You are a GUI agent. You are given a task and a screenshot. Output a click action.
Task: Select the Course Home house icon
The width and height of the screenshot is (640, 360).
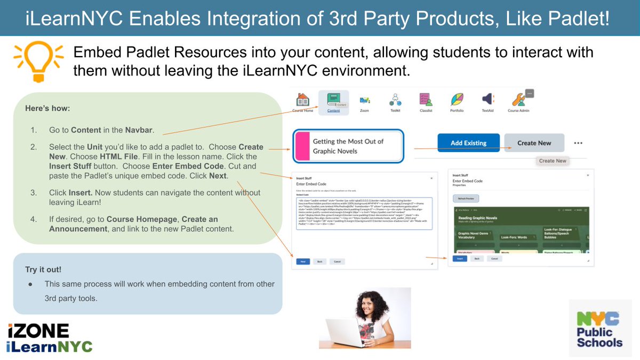[302, 100]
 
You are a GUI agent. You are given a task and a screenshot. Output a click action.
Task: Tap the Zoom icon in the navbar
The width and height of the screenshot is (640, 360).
[365, 100]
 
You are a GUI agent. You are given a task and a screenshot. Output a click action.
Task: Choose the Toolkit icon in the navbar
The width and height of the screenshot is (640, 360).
[395, 100]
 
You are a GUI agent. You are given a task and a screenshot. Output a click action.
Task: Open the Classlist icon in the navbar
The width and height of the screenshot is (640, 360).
[426, 100]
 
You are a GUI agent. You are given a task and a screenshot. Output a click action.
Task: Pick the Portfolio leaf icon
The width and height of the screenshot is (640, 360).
[457, 100]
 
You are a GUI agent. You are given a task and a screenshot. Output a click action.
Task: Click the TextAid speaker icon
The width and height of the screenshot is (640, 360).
[487, 100]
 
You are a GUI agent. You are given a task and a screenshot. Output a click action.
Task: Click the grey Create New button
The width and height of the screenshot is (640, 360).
[534, 143]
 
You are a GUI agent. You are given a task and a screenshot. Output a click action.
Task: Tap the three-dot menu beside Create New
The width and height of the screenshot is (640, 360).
[578, 143]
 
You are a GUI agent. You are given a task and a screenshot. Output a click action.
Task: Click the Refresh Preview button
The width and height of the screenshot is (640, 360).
[466, 198]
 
